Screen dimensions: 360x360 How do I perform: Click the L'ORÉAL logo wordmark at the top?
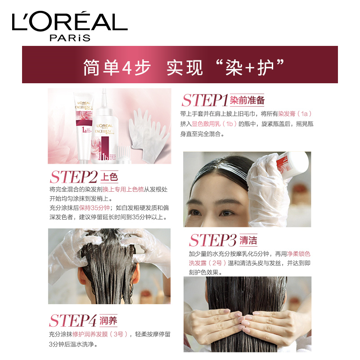[x=70, y=21]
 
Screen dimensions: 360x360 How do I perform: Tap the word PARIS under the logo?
[x=70, y=38]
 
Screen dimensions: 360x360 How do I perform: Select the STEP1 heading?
[x=205, y=100]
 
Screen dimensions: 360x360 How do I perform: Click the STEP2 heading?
[x=74, y=177]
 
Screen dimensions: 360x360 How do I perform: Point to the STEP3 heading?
[x=213, y=240]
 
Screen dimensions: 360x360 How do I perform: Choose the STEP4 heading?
[x=72, y=320]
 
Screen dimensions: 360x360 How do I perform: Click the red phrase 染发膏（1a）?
[x=295, y=114]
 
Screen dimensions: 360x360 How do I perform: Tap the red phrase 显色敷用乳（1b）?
[x=215, y=124]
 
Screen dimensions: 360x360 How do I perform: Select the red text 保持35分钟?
[x=94, y=208]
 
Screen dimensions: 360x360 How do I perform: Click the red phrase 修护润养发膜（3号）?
[x=100, y=334]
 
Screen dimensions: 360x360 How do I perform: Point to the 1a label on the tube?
[x=84, y=130]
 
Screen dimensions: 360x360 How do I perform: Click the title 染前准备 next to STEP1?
[x=247, y=100]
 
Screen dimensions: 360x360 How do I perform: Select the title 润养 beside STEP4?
[x=108, y=320]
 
